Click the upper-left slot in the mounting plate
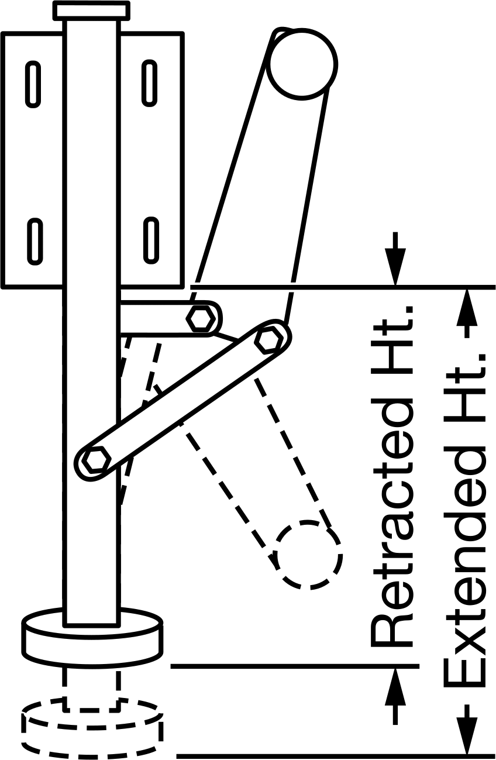click(x=33, y=84)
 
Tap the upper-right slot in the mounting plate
click(x=149, y=82)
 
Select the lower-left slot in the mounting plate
click(x=35, y=241)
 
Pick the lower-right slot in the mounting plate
click(x=151, y=240)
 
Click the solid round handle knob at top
click(x=302, y=64)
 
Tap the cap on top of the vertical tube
click(x=91, y=11)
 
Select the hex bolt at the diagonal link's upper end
click(x=270, y=339)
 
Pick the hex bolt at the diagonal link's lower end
click(x=97, y=459)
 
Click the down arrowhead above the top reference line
click(x=395, y=267)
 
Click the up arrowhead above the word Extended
click(x=467, y=307)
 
